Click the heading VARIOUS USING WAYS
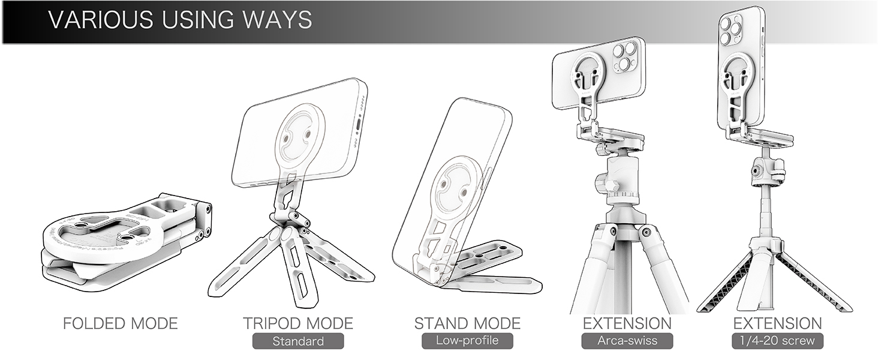[x=180, y=20]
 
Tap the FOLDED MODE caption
[x=121, y=323]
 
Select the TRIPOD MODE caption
[x=298, y=323]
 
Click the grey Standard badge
[x=298, y=341]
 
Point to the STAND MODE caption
[x=467, y=323]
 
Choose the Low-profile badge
[x=467, y=341]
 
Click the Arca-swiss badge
[x=627, y=341]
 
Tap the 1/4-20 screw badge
[x=777, y=341]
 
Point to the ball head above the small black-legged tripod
[x=762, y=171]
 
